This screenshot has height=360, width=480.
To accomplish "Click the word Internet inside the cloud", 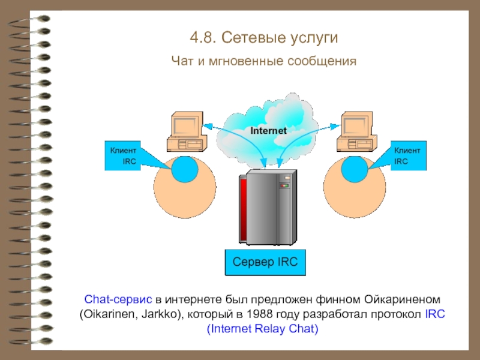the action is click(x=268, y=131).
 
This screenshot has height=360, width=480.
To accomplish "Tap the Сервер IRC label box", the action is click(x=265, y=262).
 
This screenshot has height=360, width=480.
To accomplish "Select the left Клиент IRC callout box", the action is click(x=123, y=155).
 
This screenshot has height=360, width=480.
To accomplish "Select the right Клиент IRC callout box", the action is click(x=409, y=155).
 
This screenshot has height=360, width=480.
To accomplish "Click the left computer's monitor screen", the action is click(x=184, y=126).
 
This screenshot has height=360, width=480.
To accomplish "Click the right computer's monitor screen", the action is click(x=354, y=126).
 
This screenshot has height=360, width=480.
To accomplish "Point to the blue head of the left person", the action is click(x=185, y=169).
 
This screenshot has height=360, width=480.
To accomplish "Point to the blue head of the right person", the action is click(x=355, y=169).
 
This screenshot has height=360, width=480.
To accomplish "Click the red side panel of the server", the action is click(x=244, y=209).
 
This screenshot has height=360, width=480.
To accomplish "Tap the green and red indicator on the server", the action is click(x=284, y=185).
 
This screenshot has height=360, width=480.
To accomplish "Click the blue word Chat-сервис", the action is click(x=118, y=299).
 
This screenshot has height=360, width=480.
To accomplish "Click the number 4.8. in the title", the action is click(x=203, y=38).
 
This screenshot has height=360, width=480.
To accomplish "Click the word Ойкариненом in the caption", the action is click(x=402, y=299).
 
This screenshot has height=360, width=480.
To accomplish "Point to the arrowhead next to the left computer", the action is click(x=208, y=125).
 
